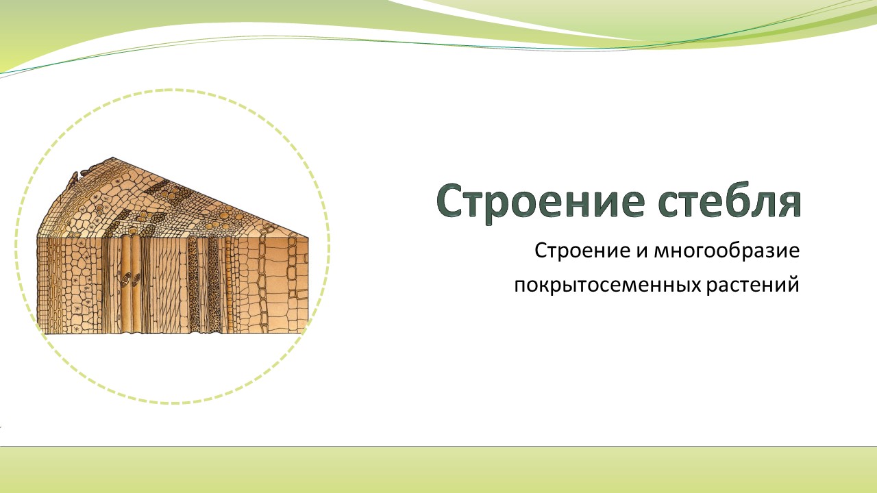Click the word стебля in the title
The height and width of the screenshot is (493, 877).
click(730, 201)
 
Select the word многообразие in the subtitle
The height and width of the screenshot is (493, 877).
click(727, 251)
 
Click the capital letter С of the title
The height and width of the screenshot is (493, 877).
click(451, 201)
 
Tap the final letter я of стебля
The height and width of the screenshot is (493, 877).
click(787, 205)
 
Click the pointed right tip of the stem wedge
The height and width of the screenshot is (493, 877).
click(308, 237)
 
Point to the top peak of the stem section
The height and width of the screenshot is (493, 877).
click(113, 157)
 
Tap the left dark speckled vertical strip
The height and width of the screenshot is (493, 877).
click(193, 285)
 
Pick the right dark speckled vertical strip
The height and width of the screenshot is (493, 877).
click(214, 285)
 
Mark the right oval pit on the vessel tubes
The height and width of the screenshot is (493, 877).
click(136, 279)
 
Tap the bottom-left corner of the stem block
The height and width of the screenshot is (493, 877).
click(38, 333)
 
